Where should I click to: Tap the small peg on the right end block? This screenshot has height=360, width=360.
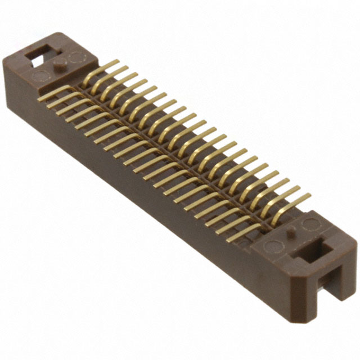pos(290,231)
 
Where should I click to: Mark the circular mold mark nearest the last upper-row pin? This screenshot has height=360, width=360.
pos(309,225)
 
